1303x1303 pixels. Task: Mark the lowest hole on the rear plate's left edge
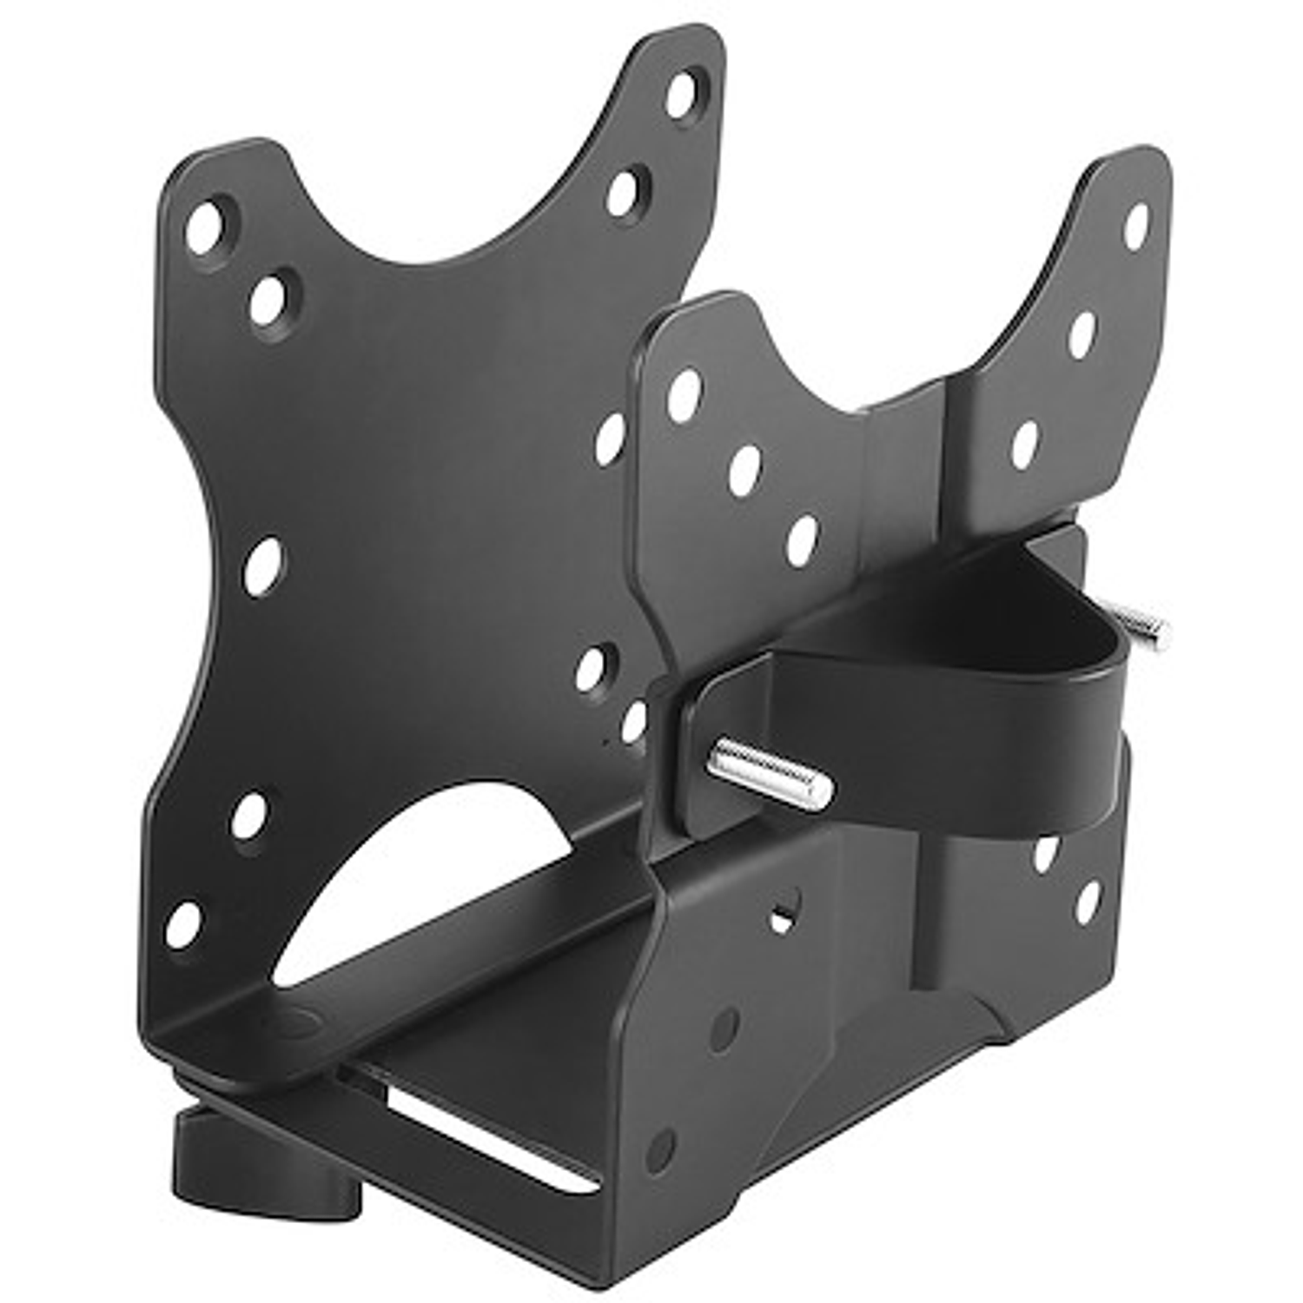click(x=183, y=925)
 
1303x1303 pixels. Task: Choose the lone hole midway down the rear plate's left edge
click(x=262, y=566)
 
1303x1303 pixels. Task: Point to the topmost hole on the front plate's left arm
click(x=685, y=395)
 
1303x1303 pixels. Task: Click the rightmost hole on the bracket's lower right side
click(x=1088, y=902)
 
